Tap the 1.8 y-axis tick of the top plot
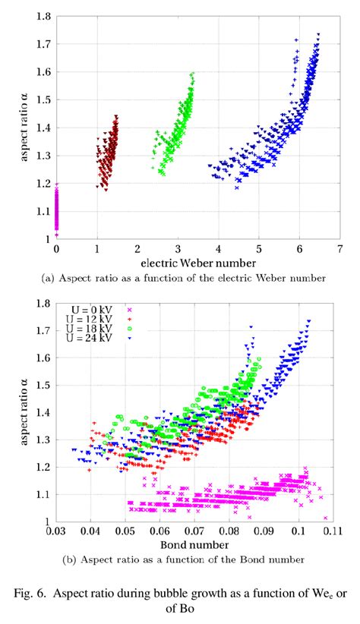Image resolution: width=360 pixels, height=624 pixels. (43, 16)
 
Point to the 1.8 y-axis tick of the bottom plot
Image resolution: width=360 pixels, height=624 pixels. (43, 303)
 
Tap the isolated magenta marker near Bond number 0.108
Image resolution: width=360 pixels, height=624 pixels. (326, 518)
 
